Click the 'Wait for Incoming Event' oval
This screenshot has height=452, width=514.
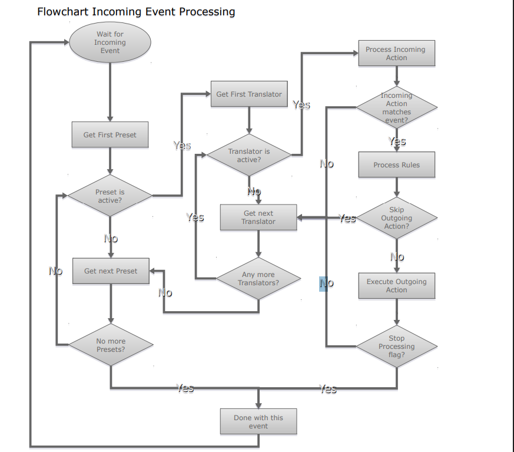(x=110, y=42)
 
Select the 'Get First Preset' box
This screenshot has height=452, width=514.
(x=110, y=135)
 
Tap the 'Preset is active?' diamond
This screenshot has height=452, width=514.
(x=110, y=196)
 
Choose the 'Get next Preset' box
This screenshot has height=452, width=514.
(x=111, y=271)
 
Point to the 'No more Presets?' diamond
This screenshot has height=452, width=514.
(x=111, y=345)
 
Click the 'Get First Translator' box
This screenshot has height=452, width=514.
(x=249, y=94)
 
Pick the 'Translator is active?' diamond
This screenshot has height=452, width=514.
(x=249, y=156)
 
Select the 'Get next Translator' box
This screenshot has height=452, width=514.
(x=258, y=217)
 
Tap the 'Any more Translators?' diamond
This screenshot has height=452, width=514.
(x=258, y=279)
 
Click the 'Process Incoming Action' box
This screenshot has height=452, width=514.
(x=396, y=54)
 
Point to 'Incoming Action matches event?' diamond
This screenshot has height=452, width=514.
(x=396, y=108)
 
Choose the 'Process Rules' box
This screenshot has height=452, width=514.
(x=396, y=165)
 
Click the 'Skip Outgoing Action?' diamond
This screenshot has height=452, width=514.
(x=396, y=218)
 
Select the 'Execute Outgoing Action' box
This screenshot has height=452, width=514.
(x=396, y=286)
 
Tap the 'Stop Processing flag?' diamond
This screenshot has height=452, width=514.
(x=396, y=347)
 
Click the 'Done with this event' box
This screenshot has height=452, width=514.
(x=258, y=422)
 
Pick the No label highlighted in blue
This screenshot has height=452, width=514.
(x=324, y=283)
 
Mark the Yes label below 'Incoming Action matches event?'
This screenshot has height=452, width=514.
(x=397, y=141)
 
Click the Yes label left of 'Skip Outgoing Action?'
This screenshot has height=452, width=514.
(x=347, y=219)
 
